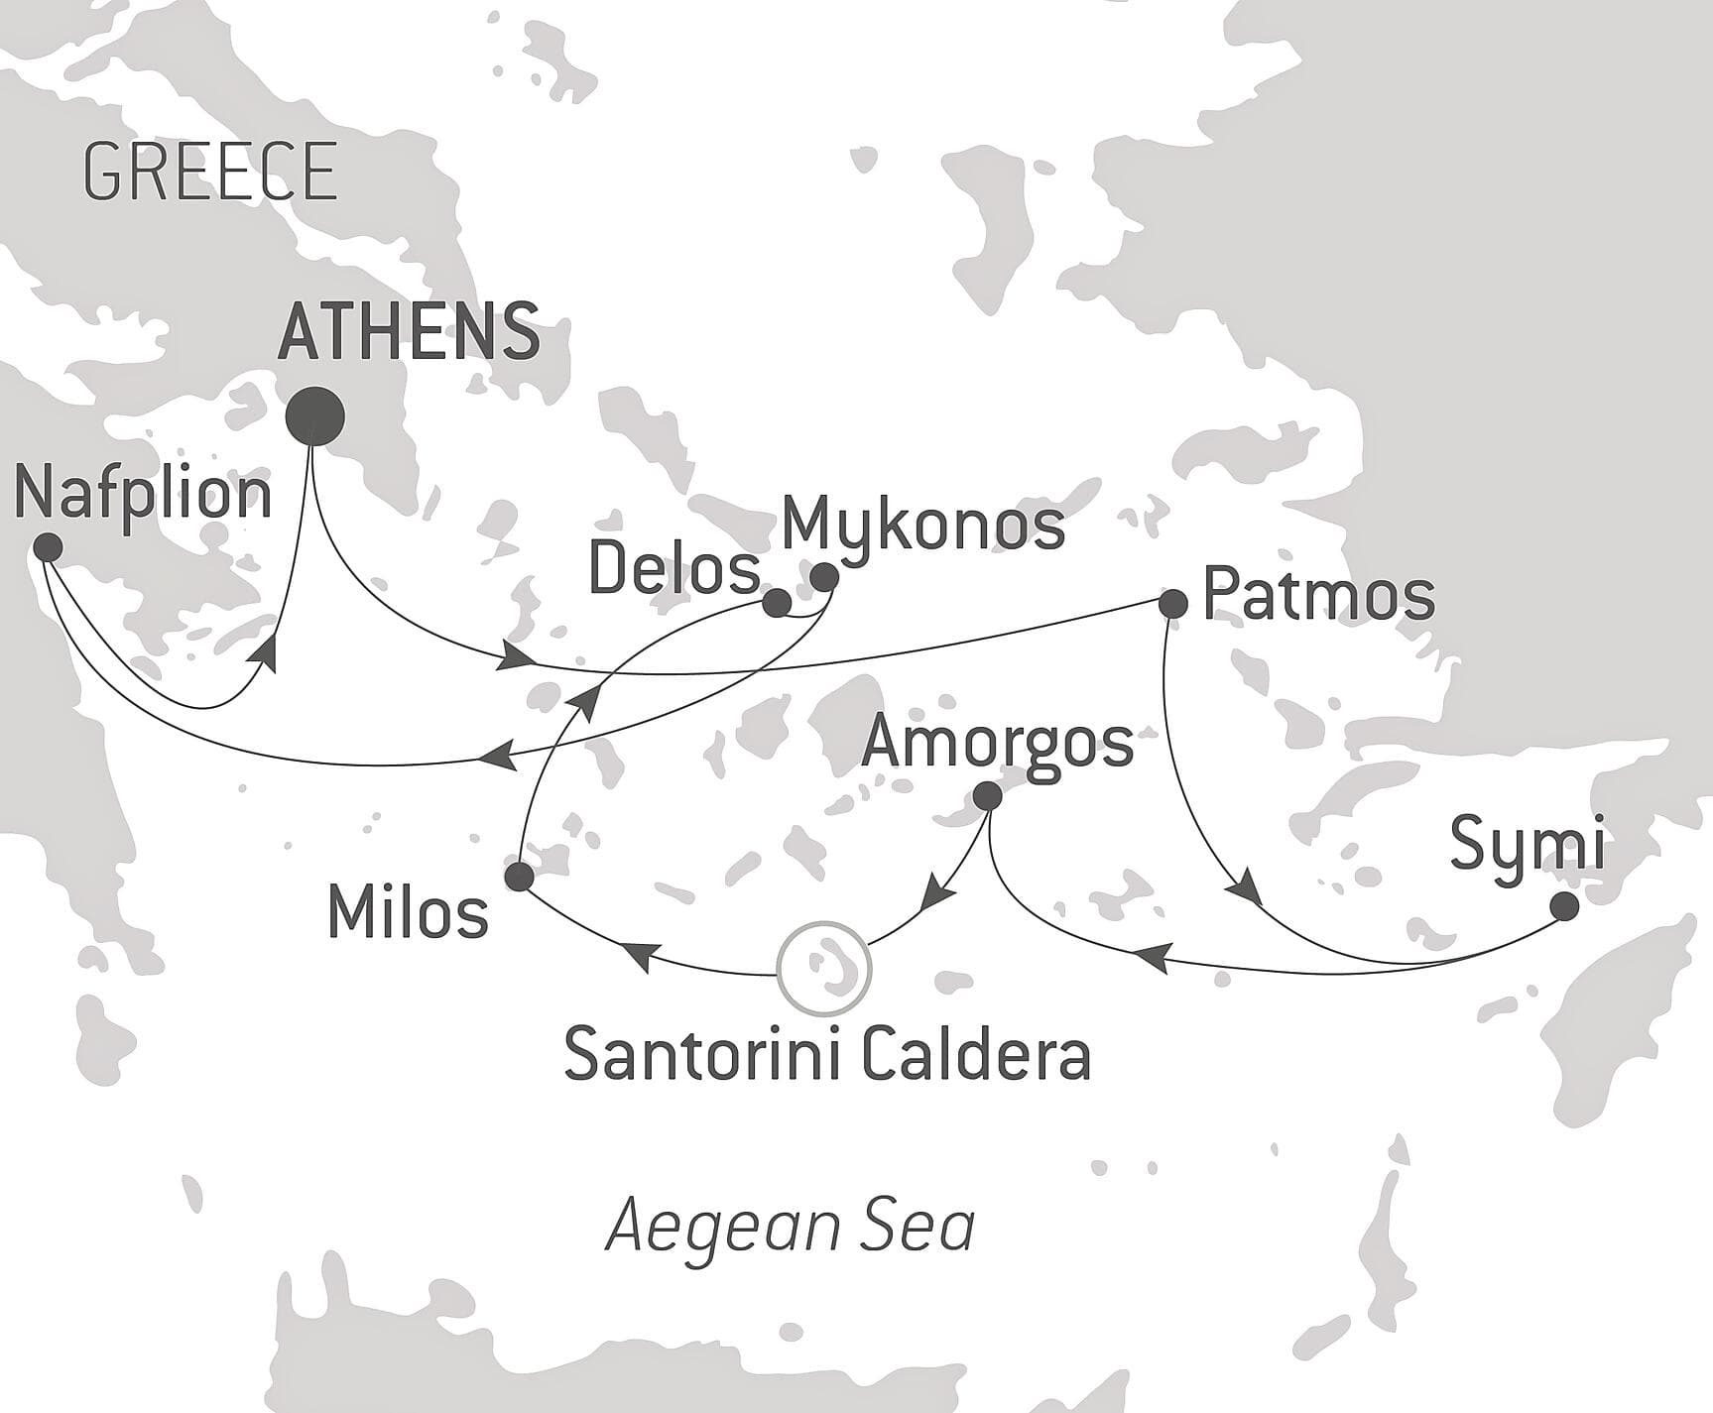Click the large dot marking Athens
pyautogui.click(x=314, y=417)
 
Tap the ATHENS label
pyautogui.click(x=409, y=331)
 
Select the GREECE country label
pyautogui.click(x=210, y=172)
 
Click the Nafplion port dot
pyautogui.click(x=48, y=547)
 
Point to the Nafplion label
pyautogui.click(x=143, y=494)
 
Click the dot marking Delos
pyautogui.click(x=777, y=602)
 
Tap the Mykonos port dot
pyautogui.click(x=824, y=576)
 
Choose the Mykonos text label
pyautogui.click(x=922, y=526)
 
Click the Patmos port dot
pyautogui.click(x=1173, y=603)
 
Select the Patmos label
pyautogui.click(x=1318, y=596)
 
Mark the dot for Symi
pyautogui.click(x=1564, y=906)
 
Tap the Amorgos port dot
pyautogui.click(x=987, y=795)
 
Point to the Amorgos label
pyautogui.click(x=997, y=743)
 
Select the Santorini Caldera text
pyautogui.click(x=827, y=1055)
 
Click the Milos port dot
pyautogui.click(x=519, y=877)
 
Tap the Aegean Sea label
pyautogui.click(x=791, y=1228)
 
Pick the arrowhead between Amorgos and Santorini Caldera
pyautogui.click(x=936, y=895)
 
